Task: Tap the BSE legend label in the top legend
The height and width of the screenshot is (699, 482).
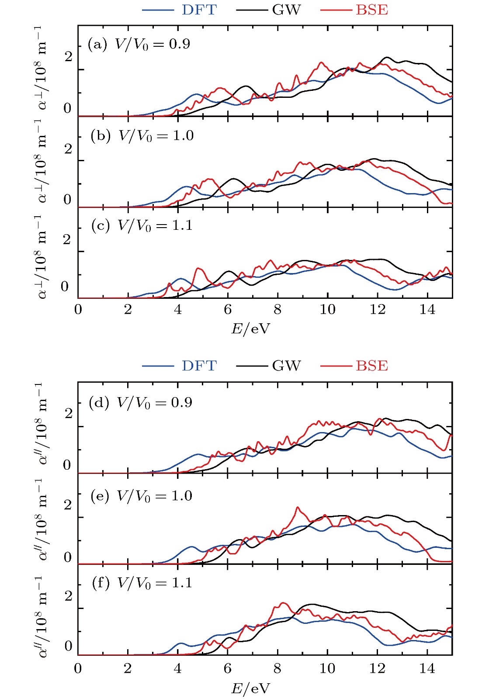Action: point(371,10)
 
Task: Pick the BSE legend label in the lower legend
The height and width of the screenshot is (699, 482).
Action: point(371,366)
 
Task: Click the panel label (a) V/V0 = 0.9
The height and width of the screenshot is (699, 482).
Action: point(139,45)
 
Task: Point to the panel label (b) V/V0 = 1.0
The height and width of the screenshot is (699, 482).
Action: point(142,136)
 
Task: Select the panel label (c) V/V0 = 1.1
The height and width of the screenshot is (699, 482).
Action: point(142,226)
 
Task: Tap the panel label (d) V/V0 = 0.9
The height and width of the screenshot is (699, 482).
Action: point(140,403)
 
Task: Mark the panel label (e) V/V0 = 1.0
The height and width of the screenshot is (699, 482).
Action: point(142,496)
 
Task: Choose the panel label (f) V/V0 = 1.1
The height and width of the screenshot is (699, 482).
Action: point(142,583)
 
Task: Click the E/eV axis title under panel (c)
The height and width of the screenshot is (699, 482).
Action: point(250,329)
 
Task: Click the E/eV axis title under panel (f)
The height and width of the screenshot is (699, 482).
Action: point(250,689)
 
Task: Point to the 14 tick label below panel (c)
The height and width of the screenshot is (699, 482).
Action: point(427,310)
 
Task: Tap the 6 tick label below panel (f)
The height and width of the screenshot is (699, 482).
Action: point(227,668)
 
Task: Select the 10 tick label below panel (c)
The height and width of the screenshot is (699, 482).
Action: point(327,310)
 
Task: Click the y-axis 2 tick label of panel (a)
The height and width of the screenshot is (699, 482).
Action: point(68,57)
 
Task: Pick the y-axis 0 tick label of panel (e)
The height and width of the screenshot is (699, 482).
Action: point(67,557)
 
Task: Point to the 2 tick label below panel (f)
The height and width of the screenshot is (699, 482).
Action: point(128,668)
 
